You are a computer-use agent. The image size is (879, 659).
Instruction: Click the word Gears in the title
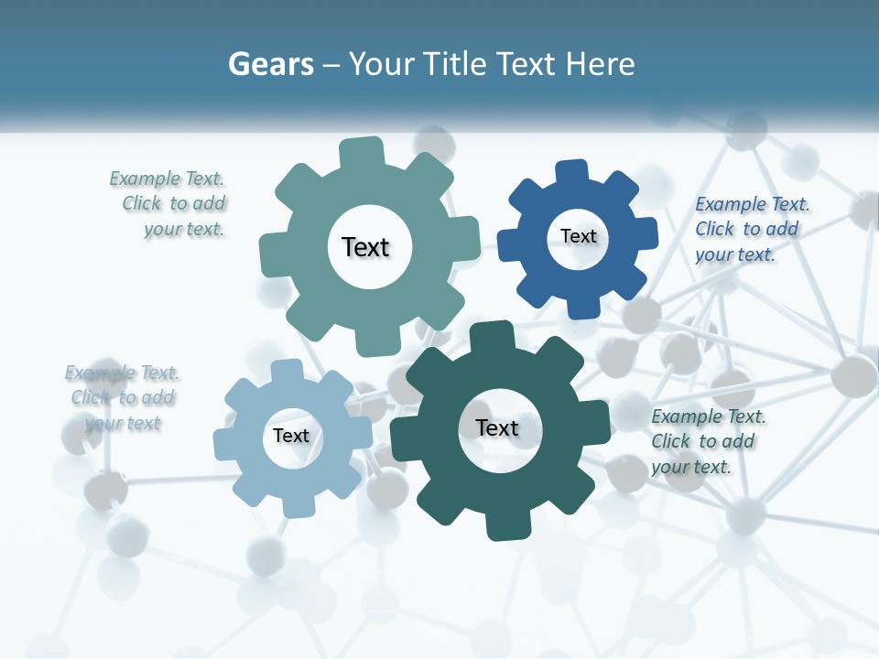(x=270, y=64)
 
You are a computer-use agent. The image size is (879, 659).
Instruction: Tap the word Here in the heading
(x=600, y=64)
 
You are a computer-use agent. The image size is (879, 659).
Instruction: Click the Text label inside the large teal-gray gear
(x=365, y=247)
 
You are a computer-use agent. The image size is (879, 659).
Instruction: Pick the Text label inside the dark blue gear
(x=578, y=236)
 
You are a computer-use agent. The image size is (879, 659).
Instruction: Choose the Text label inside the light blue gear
(x=291, y=436)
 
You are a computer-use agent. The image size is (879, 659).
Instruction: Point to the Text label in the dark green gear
(x=496, y=427)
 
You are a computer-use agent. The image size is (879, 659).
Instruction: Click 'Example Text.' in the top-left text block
(x=167, y=178)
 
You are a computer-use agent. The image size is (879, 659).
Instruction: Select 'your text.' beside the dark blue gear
(x=735, y=254)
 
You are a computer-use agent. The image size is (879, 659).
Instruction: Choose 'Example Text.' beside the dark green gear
(x=709, y=416)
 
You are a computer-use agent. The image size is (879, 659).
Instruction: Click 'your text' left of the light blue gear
(x=124, y=423)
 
